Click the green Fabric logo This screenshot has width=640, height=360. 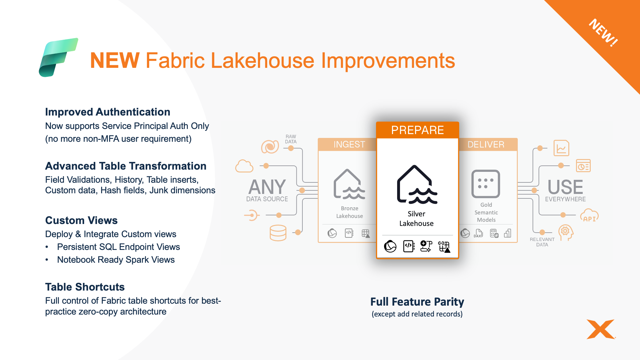(58, 58)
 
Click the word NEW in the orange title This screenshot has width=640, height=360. (115, 60)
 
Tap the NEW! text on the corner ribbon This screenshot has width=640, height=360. (604, 33)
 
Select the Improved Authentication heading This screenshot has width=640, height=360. (108, 112)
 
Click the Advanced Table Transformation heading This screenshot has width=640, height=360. (126, 166)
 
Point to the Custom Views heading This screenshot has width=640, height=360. (81, 220)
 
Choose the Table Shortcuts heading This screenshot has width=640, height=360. (85, 287)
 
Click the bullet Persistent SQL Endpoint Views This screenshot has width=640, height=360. (118, 247)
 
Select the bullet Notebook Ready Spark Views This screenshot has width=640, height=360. (116, 260)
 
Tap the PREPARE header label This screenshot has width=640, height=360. (418, 130)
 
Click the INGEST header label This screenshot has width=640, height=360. (349, 145)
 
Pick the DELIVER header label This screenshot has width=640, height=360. (486, 145)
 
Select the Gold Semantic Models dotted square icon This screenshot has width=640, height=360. (486, 184)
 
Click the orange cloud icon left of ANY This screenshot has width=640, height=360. (244, 166)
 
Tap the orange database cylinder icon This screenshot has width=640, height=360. (278, 233)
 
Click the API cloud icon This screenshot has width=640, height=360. (589, 216)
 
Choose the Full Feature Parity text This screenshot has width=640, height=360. (417, 302)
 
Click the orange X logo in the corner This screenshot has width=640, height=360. (601, 329)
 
